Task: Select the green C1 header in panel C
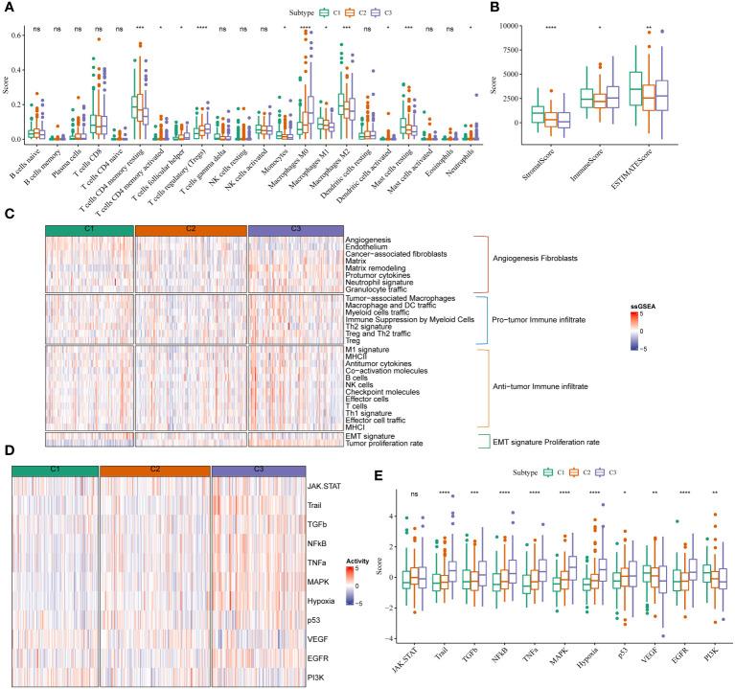89,229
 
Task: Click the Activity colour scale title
355,540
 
